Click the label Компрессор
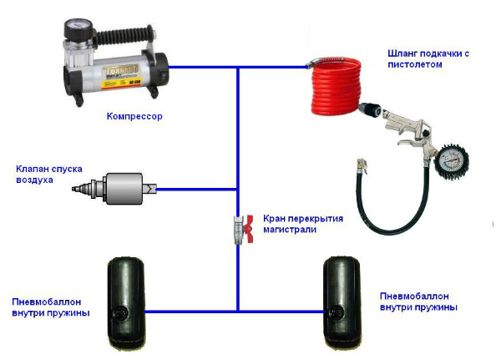click(134, 116)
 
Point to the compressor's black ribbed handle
click(125, 35)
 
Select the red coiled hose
click(337, 86)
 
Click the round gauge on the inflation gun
click(452, 162)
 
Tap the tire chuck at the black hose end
click(362, 165)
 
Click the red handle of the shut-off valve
click(249, 228)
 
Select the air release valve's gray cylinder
click(124, 189)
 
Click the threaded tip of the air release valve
click(83, 189)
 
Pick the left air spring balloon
click(126, 302)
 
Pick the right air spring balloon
click(342, 302)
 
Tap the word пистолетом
click(415, 64)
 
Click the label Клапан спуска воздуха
click(49, 175)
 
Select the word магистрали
click(290, 229)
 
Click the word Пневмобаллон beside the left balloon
click(47, 302)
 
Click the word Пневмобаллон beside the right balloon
click(414, 297)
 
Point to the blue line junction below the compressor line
click(238, 68)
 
